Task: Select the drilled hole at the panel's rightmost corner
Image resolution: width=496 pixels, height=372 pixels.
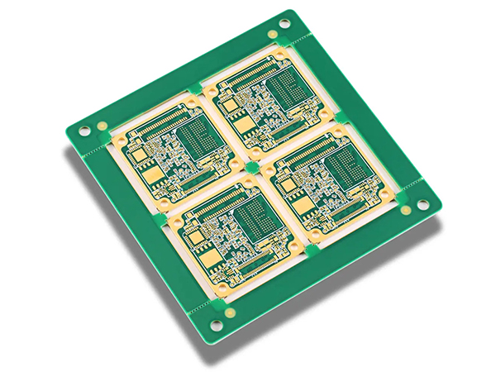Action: tap(423, 204)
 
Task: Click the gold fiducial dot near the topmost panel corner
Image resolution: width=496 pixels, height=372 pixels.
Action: tap(273, 34)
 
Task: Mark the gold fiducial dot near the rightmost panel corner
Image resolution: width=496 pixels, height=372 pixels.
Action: tap(406, 210)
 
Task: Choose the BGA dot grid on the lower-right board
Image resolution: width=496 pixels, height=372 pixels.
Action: tap(346, 170)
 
